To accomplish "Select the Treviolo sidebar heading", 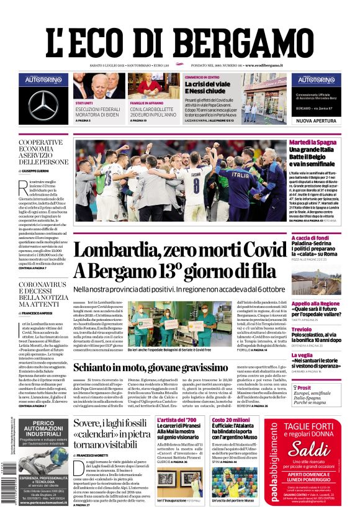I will click(302, 329).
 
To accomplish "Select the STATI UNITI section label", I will click(84, 103).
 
